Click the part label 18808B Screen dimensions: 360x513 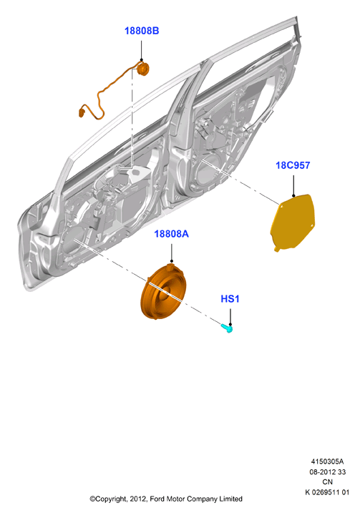click(142, 31)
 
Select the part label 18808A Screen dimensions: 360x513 click(172, 234)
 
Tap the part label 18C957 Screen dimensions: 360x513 click(293, 165)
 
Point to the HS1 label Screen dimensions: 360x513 click(230, 298)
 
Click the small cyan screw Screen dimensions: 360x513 click(227, 328)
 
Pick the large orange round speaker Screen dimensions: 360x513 click(163, 291)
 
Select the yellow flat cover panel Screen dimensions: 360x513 click(292, 223)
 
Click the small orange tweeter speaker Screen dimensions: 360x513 click(142, 69)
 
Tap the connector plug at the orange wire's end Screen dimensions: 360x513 click(82, 112)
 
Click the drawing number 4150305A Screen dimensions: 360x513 click(327, 461)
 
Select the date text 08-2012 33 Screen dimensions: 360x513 click(327, 472)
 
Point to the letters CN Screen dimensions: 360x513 click(327, 482)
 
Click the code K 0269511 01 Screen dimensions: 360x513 click(327, 492)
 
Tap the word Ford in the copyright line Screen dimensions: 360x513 click(157, 499)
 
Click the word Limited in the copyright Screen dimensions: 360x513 click(230, 499)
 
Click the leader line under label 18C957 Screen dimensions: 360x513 click(293, 186)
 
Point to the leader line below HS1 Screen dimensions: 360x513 click(230, 316)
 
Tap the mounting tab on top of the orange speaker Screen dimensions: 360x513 click(170, 266)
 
